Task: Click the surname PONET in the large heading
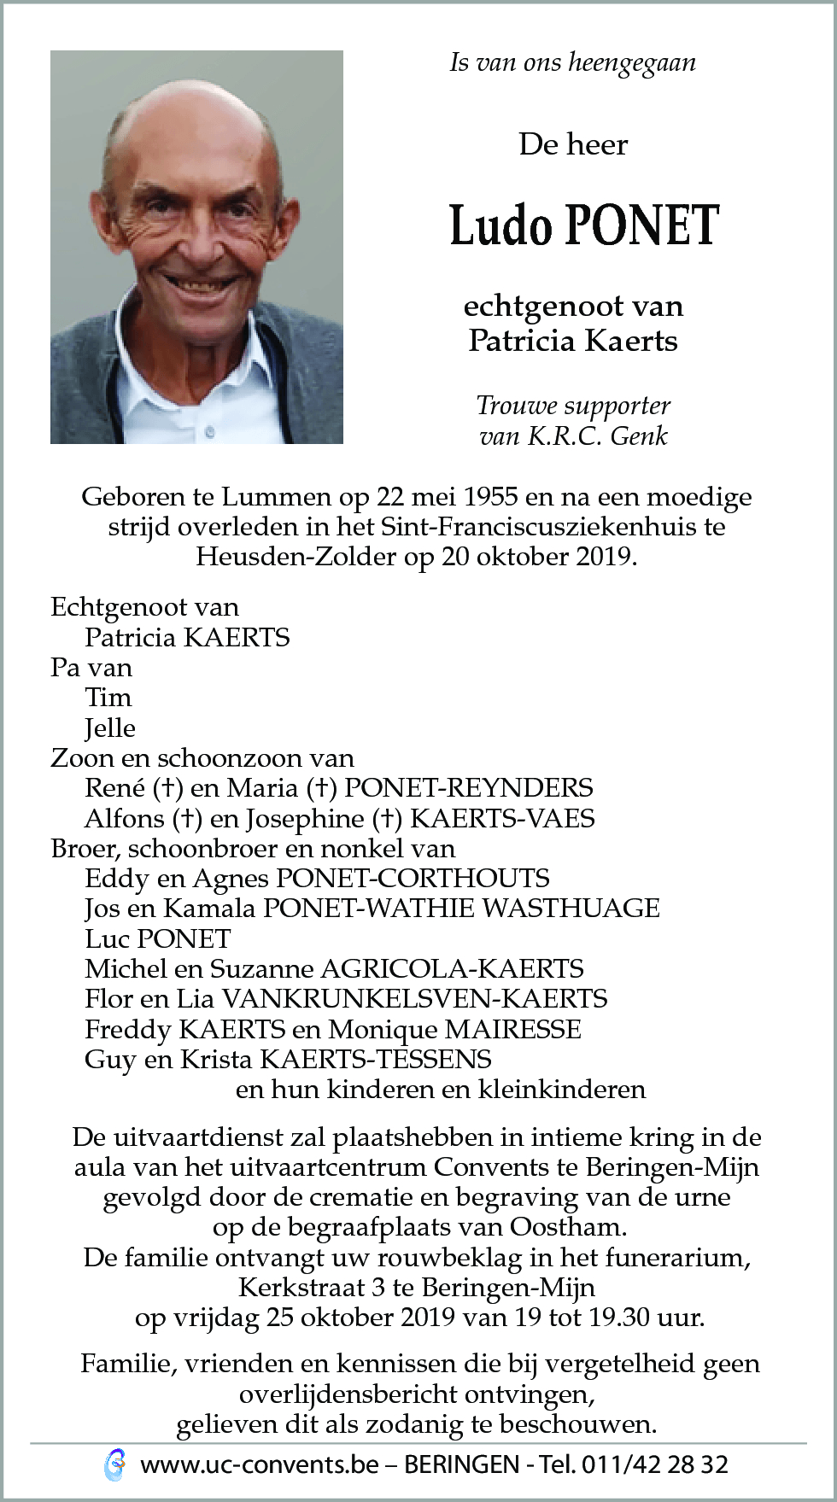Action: click(642, 226)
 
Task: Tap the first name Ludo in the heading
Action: click(500, 226)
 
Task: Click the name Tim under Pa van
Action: click(108, 698)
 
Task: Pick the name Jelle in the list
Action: click(110, 728)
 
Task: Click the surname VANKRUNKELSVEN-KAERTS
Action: click(414, 999)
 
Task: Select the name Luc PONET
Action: click(158, 939)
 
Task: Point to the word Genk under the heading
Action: click(639, 436)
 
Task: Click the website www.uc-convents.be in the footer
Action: click(260, 1465)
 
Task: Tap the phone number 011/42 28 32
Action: click(654, 1465)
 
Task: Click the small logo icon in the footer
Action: click(114, 1465)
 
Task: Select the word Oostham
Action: click(568, 1228)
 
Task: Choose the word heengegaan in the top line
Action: click(632, 63)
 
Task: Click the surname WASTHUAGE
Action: click(571, 909)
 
